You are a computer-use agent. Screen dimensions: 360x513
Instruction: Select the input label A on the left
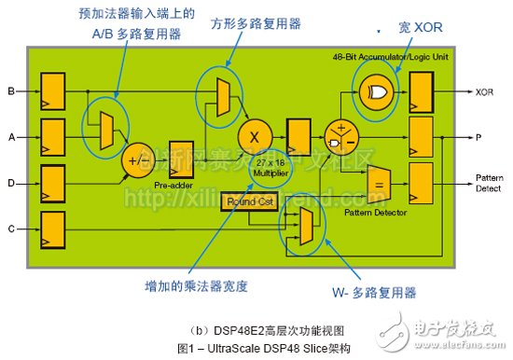(10, 136)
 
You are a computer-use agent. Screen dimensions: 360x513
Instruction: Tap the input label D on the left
(10, 182)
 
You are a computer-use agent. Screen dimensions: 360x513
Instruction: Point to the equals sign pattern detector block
(378, 183)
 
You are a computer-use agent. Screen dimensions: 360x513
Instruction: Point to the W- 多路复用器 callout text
(372, 292)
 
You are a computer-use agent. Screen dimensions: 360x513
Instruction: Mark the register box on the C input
(51, 227)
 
